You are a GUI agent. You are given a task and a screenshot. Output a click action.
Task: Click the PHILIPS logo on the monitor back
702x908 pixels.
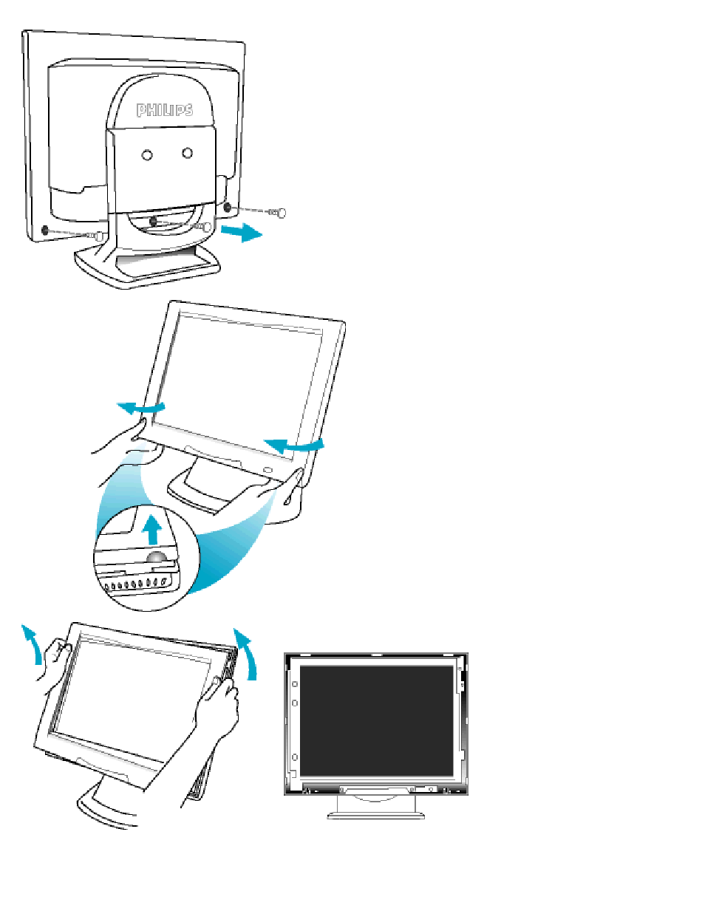pos(165,110)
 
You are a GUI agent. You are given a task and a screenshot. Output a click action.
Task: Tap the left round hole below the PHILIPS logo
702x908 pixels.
pos(147,155)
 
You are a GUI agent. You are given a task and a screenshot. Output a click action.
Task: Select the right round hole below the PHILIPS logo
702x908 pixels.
pos(187,153)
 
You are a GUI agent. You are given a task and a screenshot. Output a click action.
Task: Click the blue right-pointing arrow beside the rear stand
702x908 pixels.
pos(242,232)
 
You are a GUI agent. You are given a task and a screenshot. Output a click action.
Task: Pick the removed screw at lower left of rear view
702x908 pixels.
pos(95,236)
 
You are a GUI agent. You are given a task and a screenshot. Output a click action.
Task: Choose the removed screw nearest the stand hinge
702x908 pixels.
pos(203,228)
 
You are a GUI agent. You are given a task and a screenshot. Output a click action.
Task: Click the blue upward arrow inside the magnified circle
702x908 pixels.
pos(152,530)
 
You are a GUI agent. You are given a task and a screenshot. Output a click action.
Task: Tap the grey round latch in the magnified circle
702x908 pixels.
pos(156,557)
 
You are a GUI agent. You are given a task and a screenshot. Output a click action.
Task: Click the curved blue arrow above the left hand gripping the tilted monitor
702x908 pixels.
pos(141,407)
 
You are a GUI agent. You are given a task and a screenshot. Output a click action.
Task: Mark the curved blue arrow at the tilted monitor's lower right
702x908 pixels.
pos(294,446)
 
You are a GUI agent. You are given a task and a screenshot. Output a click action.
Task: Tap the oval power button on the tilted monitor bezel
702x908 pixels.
pos(267,470)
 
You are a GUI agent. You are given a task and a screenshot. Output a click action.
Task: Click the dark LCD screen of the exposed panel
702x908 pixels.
pos(376,722)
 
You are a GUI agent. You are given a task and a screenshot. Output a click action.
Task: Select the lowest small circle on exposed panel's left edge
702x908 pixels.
pos(295,757)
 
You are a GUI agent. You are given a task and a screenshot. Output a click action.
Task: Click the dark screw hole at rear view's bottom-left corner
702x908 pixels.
pos(45,230)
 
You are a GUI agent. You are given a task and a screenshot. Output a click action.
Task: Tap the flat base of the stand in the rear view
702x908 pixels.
pos(147,267)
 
